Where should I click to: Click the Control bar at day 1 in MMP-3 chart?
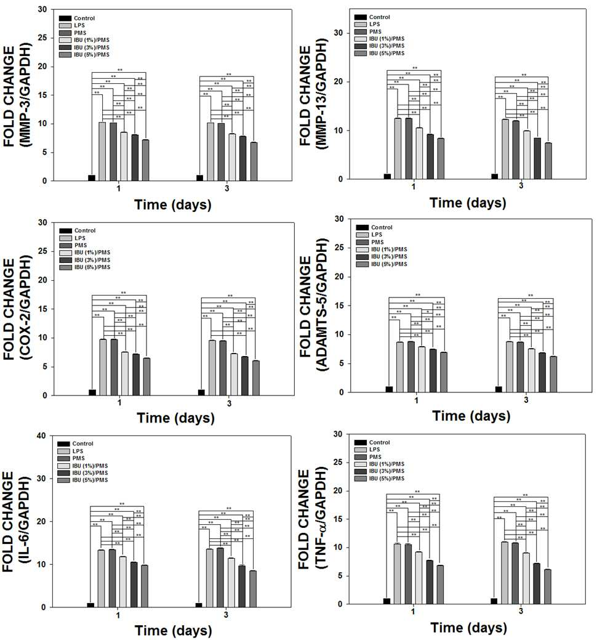click(92, 178)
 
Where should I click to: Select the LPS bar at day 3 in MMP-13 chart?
click(505, 149)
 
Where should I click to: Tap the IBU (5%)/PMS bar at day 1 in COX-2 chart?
click(146, 377)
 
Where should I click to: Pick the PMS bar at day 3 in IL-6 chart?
click(220, 578)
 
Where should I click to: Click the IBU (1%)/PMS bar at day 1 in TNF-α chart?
click(419, 578)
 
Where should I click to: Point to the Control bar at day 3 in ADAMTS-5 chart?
click(499, 389)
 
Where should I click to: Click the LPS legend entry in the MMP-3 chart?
click(72, 25)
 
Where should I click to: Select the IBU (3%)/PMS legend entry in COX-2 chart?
click(85, 260)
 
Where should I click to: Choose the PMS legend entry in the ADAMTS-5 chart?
click(370, 242)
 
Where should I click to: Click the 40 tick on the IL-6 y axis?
click(41, 435)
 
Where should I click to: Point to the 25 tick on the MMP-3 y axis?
click(42, 38)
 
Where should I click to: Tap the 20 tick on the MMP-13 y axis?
click(338, 82)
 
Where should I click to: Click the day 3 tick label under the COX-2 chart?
click(229, 403)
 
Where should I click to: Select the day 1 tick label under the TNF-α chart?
click(413, 612)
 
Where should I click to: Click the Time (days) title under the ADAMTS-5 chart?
click(471, 416)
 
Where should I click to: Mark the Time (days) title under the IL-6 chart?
click(174, 631)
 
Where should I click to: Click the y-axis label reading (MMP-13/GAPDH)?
click(322, 95)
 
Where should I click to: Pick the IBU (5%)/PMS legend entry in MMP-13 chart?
click(379, 53)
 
